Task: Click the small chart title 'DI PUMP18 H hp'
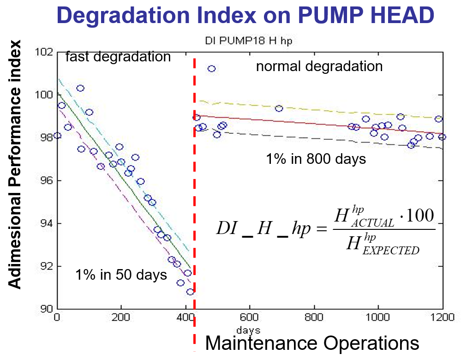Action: click(x=249, y=41)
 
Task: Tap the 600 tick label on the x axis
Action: click(x=249, y=318)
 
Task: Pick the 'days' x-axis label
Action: click(x=248, y=330)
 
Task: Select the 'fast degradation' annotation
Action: click(x=118, y=57)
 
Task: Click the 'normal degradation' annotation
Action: click(x=319, y=66)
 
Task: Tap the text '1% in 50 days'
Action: click(x=121, y=275)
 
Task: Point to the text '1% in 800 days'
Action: click(x=316, y=159)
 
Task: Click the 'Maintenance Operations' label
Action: click(x=312, y=343)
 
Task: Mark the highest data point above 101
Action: click(x=211, y=69)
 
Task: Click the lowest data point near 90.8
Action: click(x=190, y=292)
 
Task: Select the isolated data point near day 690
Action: click(x=279, y=108)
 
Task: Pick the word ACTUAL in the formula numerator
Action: click(x=373, y=223)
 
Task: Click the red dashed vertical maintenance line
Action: click(x=194, y=185)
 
